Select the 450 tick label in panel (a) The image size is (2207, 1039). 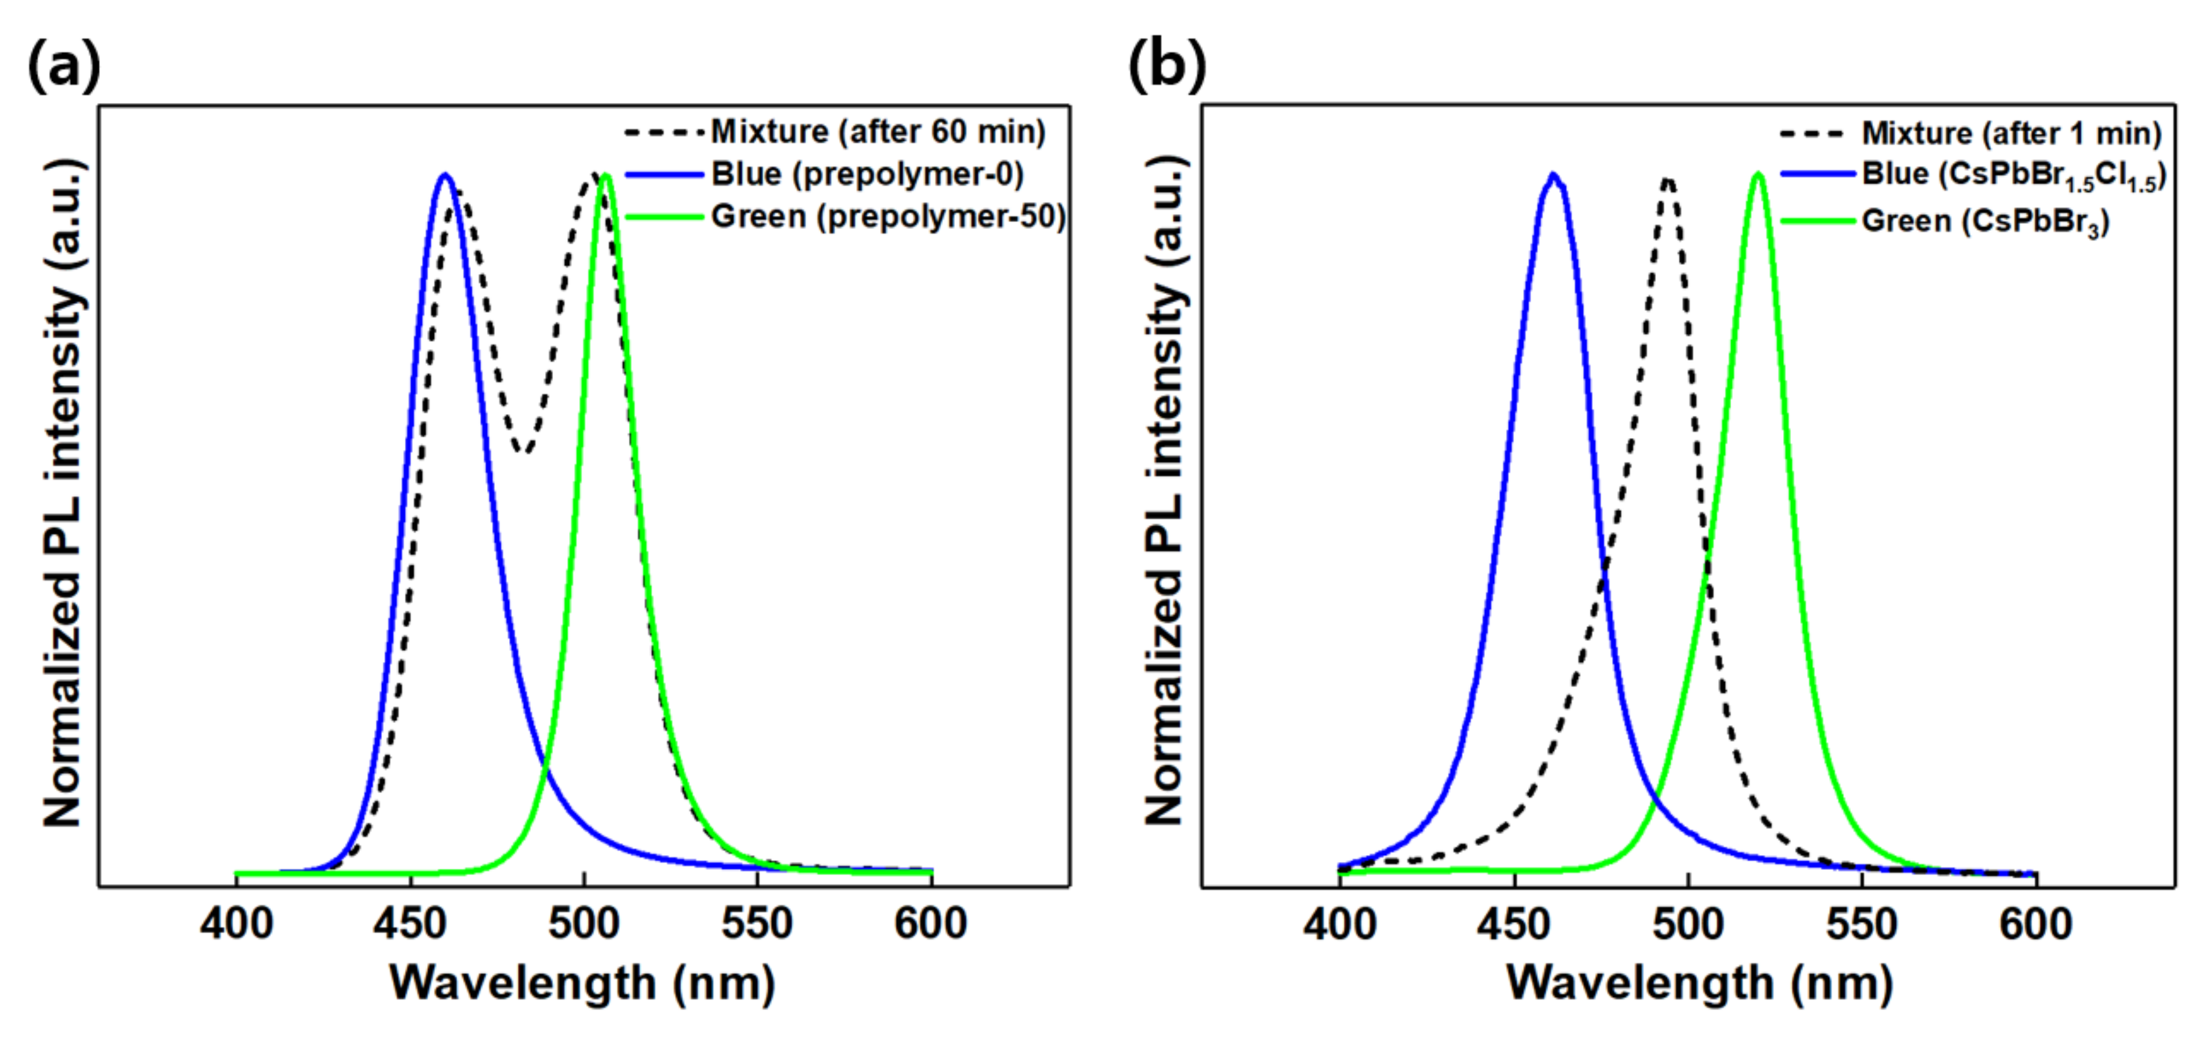410,924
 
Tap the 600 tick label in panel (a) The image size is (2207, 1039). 931,924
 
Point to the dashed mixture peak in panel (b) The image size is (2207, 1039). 1667,180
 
